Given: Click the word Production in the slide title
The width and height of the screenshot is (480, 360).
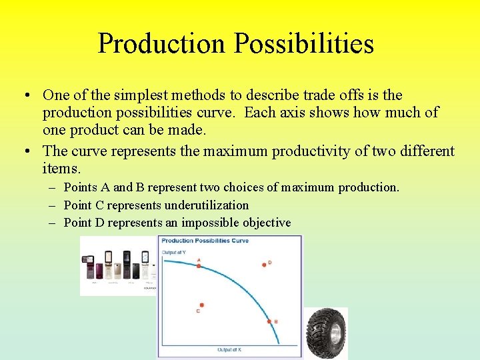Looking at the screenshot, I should pos(161,44).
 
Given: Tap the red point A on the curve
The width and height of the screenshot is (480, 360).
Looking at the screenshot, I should pos(199,265).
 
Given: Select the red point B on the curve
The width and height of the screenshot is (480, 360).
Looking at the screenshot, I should pos(270,322).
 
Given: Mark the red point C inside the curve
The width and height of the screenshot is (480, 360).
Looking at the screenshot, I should pos(201,305).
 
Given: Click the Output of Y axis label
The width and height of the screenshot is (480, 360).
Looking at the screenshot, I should pos(174,252).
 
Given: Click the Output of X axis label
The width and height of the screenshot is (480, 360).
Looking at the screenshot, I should pos(229,350).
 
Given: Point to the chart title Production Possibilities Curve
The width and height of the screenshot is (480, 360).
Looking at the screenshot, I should pos(205,241).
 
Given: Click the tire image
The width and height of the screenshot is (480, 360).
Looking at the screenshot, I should pos(326,333).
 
